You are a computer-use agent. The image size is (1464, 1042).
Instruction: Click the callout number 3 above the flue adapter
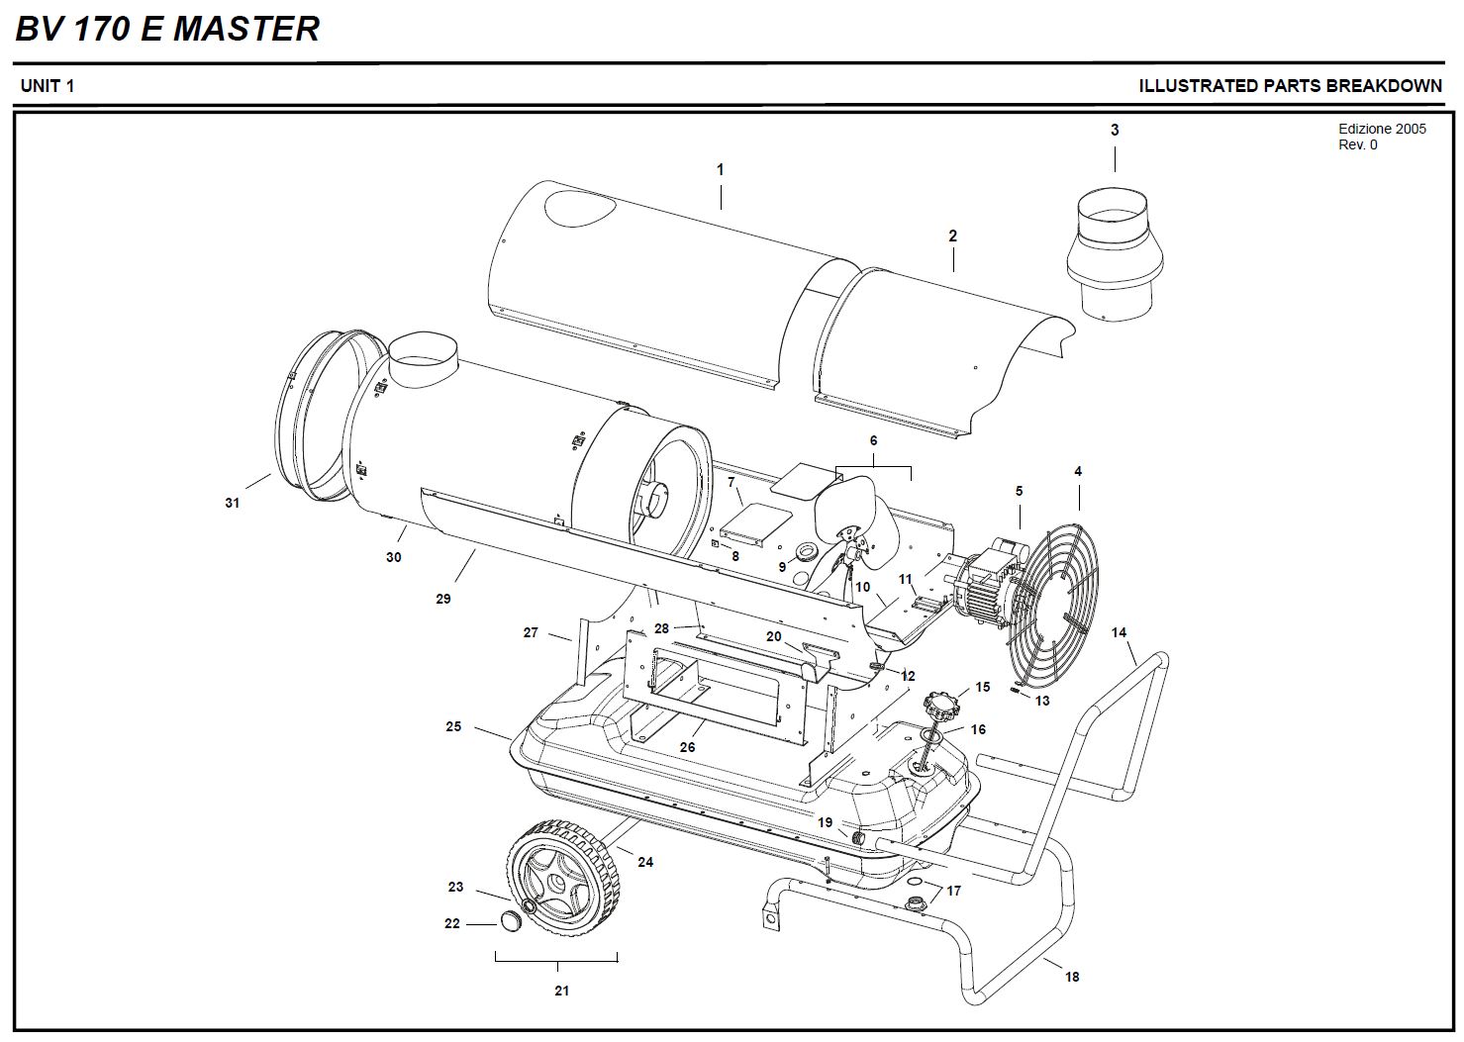(x=1115, y=130)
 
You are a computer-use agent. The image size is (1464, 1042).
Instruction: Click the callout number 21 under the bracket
(x=561, y=991)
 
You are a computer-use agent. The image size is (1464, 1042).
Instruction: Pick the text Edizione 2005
(x=1382, y=129)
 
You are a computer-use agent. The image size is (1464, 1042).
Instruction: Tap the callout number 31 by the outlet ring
(x=232, y=503)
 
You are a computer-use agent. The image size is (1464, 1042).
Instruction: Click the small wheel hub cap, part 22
(x=511, y=922)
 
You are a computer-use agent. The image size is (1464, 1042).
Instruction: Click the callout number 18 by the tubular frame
(x=1072, y=976)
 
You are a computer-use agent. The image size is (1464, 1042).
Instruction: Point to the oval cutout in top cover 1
(x=580, y=208)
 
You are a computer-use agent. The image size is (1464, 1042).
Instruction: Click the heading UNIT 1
(x=48, y=85)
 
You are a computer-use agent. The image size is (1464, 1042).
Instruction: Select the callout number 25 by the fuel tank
(x=453, y=725)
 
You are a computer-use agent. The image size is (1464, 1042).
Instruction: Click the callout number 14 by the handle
(x=1119, y=631)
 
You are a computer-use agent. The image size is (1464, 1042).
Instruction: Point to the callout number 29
(x=442, y=598)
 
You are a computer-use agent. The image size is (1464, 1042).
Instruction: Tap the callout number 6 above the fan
(x=873, y=440)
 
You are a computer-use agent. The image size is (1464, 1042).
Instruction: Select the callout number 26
(x=687, y=747)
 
